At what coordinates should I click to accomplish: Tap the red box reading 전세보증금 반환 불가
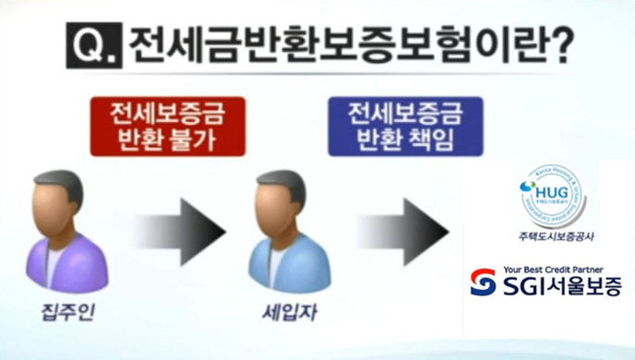tap(167, 127)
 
